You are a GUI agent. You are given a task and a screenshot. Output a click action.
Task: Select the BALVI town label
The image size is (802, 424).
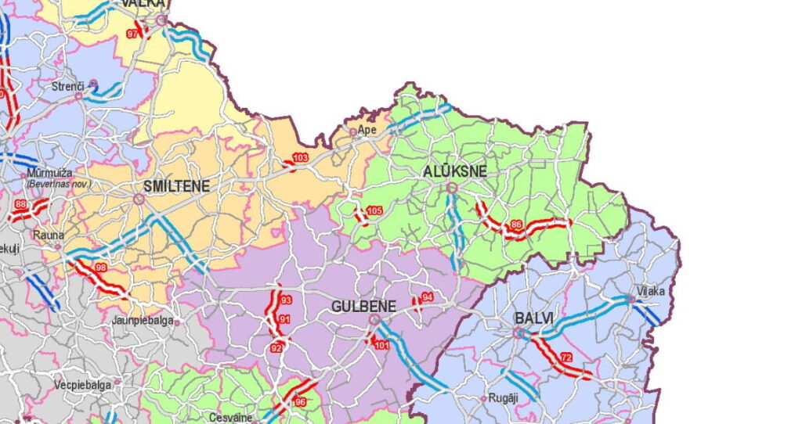[x=534, y=318]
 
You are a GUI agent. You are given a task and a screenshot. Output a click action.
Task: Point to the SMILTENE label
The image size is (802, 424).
[x=176, y=186]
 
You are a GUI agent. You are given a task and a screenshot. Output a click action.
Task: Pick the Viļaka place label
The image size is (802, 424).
[x=650, y=291]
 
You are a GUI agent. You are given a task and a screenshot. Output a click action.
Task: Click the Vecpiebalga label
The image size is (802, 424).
[x=82, y=385]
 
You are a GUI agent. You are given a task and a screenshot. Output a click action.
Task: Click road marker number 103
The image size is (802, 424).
[x=300, y=159]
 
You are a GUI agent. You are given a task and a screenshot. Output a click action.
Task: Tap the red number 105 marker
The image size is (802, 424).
[x=374, y=211]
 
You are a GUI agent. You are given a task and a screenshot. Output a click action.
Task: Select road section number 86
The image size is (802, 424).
[x=516, y=225]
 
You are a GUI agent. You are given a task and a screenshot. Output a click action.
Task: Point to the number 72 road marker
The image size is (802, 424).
[x=566, y=358]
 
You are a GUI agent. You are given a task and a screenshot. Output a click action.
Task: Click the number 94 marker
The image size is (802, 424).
[x=427, y=297]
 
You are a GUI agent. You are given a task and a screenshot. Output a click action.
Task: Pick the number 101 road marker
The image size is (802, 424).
[x=381, y=345]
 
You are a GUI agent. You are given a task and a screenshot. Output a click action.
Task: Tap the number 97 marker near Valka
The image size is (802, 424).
[x=132, y=34]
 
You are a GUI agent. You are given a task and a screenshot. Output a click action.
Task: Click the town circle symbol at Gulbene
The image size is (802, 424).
[x=374, y=320]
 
